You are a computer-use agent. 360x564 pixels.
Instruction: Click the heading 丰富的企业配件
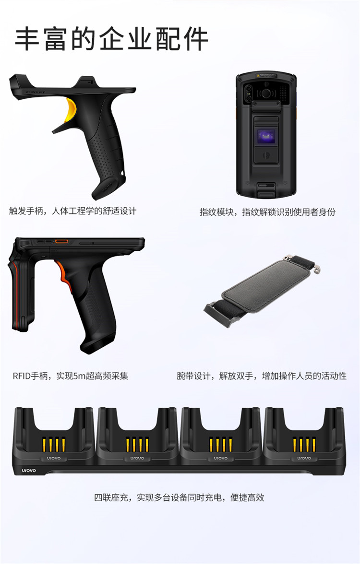tap(111, 38)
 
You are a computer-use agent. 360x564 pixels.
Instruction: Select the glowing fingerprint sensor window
tap(266, 136)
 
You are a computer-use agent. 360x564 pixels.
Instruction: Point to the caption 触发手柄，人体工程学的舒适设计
tap(73, 211)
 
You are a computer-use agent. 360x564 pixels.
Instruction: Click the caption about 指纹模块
tap(267, 212)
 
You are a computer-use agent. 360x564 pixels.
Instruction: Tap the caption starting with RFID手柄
tap(71, 376)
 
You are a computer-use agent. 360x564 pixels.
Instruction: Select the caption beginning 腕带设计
tap(262, 376)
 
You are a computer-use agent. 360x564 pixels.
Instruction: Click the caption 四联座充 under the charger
tap(180, 497)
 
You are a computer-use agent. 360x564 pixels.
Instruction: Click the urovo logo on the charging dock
tap(29, 470)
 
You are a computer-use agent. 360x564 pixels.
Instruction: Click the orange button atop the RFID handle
tap(61, 241)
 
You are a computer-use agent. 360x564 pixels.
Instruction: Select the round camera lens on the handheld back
tap(266, 93)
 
